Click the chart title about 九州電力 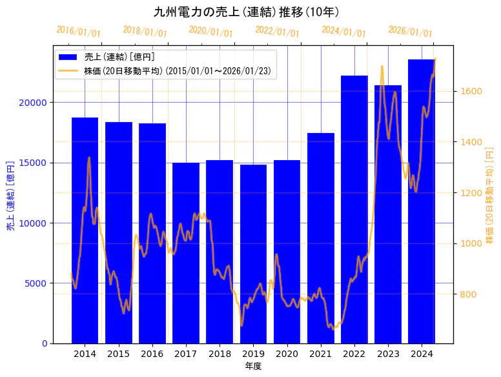(247, 12)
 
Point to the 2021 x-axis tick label (321, 354)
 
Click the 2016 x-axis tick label (152, 354)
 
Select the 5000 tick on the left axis (36, 283)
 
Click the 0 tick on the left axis (44, 343)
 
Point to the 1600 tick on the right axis (469, 91)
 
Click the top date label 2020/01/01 (211, 31)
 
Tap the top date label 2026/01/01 (410, 31)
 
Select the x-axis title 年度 (253, 366)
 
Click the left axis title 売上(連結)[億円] (10, 196)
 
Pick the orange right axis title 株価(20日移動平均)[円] (489, 195)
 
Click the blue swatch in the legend (68, 57)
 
